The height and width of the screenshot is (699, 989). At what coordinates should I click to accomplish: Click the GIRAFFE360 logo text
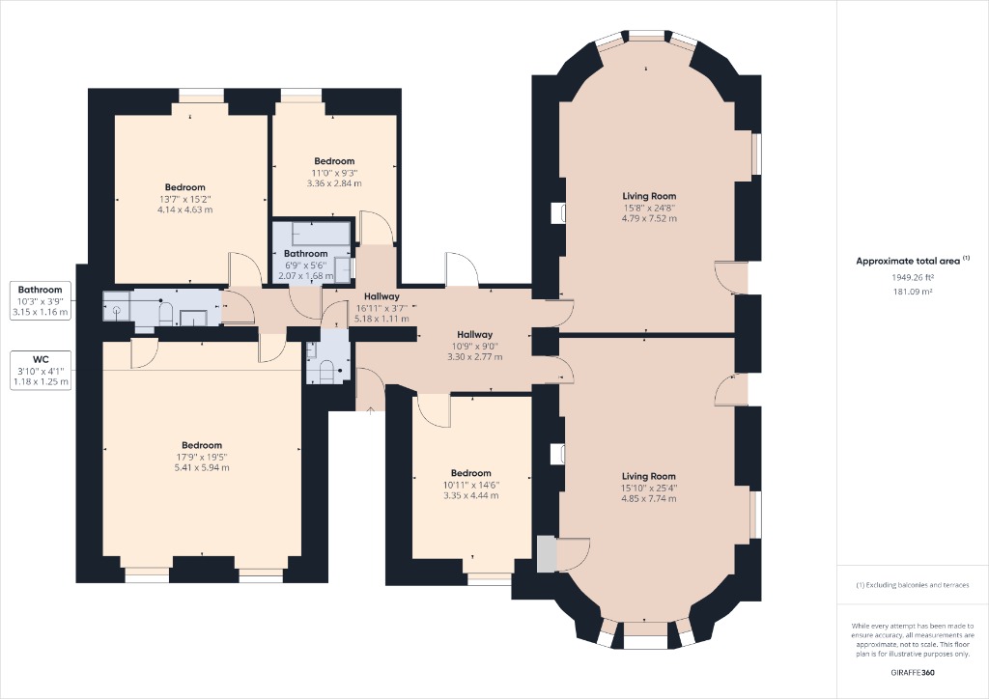point(913,673)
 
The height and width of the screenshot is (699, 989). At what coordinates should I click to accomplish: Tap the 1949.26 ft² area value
point(913,276)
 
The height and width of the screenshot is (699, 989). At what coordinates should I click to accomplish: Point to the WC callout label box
point(40,370)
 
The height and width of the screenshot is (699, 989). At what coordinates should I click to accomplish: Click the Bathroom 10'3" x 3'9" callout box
point(40,300)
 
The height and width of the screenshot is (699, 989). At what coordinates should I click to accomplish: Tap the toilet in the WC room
point(325,370)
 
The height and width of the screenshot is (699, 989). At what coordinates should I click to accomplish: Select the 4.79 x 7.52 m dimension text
point(649,218)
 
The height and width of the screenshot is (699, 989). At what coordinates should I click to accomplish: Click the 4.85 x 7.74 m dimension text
point(649,499)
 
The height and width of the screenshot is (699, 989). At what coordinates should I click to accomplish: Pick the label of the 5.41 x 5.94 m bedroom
point(202,445)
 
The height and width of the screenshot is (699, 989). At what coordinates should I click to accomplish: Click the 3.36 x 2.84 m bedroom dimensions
point(334,182)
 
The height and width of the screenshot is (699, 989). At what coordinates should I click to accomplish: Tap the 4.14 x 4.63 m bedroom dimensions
point(184,209)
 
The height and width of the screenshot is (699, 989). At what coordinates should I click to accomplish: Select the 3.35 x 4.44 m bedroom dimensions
point(470,495)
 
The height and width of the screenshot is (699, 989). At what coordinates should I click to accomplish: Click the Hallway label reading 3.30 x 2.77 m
point(474,335)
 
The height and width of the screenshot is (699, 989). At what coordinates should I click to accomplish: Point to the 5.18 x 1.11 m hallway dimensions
point(382,318)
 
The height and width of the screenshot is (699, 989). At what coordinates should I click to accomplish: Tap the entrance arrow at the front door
point(371,408)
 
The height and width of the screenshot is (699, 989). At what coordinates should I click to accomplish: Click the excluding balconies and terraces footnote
point(913,586)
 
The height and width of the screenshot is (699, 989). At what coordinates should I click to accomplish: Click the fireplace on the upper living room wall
point(558,213)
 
